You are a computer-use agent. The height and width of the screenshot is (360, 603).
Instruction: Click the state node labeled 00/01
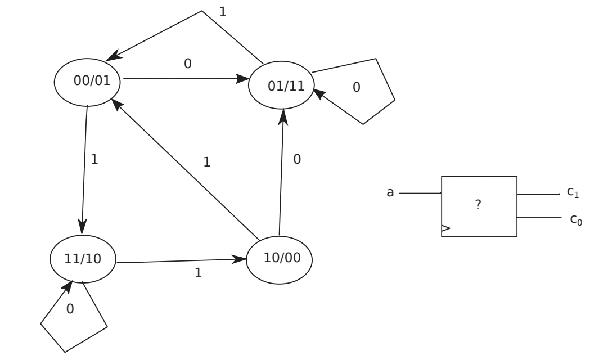tap(88, 81)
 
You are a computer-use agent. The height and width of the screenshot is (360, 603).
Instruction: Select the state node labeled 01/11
tap(281, 85)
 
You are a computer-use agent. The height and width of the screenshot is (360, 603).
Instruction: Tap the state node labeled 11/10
tap(83, 258)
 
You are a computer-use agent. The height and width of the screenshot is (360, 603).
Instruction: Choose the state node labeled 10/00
tap(279, 259)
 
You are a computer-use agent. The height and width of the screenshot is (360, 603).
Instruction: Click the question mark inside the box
tap(478, 205)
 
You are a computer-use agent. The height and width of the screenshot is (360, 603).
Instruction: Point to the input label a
tap(390, 193)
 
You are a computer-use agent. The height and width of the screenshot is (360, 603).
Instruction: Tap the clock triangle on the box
tap(446, 228)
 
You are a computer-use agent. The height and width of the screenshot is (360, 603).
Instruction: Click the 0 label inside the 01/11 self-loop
tap(355, 87)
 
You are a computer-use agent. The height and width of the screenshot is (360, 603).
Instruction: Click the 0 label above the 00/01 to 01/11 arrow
tap(188, 64)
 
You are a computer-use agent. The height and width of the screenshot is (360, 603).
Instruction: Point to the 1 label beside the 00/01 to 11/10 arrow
tap(94, 159)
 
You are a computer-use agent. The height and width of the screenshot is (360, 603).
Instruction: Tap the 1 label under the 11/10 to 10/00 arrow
tap(198, 273)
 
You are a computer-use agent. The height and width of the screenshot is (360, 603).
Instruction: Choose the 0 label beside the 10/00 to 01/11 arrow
tap(297, 159)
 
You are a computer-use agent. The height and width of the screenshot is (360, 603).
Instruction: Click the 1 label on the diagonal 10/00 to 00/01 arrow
tap(207, 163)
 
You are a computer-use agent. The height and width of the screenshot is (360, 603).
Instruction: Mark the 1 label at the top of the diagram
tap(223, 11)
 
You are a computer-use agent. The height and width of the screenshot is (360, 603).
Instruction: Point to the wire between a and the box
tap(420, 193)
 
